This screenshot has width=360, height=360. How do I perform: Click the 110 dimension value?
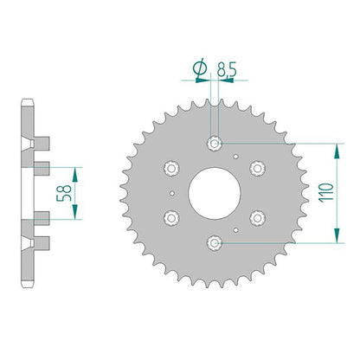coord(326,193)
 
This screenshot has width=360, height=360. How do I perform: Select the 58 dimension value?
coord(64,193)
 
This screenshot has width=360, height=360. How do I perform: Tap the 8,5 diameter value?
coord(227,70)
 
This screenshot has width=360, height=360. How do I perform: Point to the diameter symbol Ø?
coord(200,69)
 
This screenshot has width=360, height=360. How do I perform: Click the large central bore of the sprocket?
coord(215,193)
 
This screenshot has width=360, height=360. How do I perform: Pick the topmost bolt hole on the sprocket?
coord(215,143)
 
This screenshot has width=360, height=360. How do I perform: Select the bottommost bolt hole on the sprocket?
coord(215,243)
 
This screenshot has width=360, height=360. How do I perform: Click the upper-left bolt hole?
coord(171,168)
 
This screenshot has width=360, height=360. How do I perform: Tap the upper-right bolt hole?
coord(258,168)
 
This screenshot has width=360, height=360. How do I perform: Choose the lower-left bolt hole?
coord(171,218)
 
